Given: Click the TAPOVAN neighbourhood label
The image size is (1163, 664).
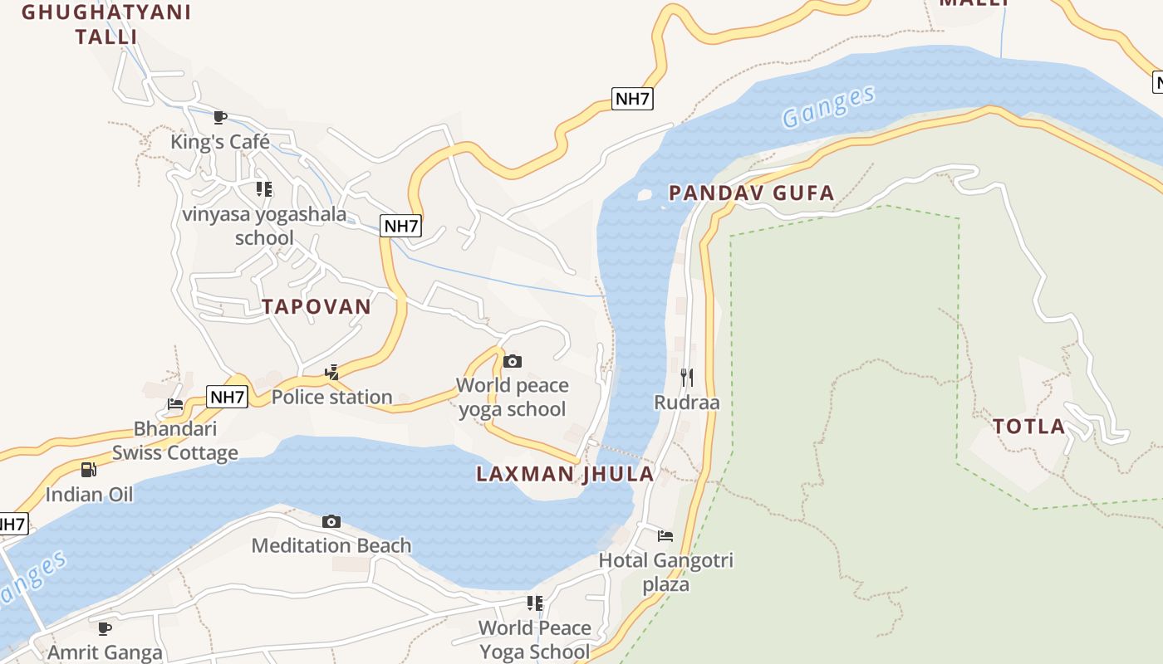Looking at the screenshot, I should tap(317, 306).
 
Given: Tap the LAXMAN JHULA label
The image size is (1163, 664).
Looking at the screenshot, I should tap(565, 474).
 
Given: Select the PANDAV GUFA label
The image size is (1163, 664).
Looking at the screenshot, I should tap(751, 193).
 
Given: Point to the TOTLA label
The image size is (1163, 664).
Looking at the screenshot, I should tap(1029, 427).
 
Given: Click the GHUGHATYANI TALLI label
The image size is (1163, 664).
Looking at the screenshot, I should tap(106, 25).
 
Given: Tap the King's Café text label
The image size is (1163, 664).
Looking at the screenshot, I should tap(220, 142).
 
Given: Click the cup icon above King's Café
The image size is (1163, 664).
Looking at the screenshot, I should tap(220, 117).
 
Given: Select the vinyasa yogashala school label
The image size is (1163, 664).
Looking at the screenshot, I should tap(264, 226).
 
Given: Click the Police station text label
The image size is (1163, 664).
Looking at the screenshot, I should tap(331, 397).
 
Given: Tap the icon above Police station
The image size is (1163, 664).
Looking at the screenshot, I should tap(331, 372).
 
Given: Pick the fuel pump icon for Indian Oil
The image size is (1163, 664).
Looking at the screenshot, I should tap(89, 470).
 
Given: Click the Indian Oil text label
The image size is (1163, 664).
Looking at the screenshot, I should tap(89, 495).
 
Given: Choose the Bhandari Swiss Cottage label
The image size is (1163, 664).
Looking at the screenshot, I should tap(175, 441).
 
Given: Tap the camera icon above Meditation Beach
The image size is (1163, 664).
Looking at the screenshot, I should tap(331, 521).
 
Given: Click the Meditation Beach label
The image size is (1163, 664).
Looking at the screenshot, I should tap(331, 545).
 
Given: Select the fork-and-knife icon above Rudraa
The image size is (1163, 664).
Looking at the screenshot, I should tap(687, 378).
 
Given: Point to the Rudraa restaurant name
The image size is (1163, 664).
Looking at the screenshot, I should tap(687, 403).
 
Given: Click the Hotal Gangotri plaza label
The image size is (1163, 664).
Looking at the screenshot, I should tap(666, 572).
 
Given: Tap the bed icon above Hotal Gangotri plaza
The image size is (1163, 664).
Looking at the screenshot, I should tap(665, 535).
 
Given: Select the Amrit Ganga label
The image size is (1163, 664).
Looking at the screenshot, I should tap(105, 652).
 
